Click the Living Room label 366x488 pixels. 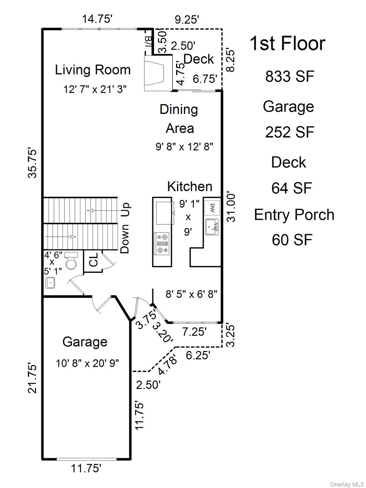click(x=93, y=70)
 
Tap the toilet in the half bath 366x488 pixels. click(x=71, y=261)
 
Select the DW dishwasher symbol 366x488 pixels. click(x=212, y=208)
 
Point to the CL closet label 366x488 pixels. click(x=93, y=260)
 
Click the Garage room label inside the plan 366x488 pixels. click(x=85, y=342)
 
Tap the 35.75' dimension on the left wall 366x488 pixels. click(x=32, y=163)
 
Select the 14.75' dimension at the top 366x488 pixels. click(x=97, y=19)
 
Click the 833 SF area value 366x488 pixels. click(x=290, y=76)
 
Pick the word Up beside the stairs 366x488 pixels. click(x=125, y=210)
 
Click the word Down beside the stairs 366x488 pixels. click(x=125, y=239)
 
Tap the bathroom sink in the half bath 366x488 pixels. click(x=50, y=283)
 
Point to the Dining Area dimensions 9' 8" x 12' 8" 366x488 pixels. click(x=184, y=147)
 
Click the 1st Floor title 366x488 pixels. click(x=288, y=44)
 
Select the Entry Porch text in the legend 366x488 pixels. click(x=294, y=215)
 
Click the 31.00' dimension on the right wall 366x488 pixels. click(x=231, y=208)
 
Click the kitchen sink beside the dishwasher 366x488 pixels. click(x=212, y=227)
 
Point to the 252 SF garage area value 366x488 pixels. click(x=290, y=132)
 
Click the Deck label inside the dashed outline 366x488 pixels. click(x=199, y=59)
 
